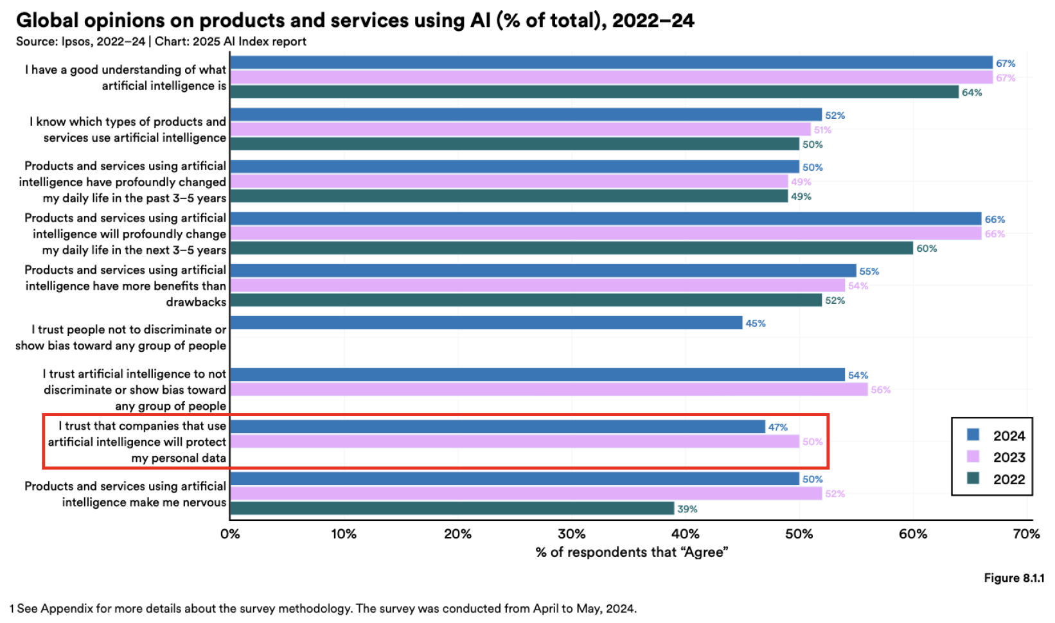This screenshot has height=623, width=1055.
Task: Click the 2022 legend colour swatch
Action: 973,478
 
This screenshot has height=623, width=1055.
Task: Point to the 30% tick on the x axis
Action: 571,534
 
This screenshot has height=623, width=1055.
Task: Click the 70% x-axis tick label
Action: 1026,534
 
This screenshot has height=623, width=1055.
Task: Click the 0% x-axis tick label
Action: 230,534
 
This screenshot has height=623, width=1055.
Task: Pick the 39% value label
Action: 687,509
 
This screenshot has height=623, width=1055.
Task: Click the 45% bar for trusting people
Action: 486,322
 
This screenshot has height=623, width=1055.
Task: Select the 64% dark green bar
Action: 594,92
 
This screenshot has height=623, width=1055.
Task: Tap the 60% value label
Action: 926,249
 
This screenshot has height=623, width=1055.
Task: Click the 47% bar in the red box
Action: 497,426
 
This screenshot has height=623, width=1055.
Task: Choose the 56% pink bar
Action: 549,389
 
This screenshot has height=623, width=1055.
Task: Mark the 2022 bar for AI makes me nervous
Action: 452,509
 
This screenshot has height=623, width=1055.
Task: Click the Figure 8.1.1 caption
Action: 1013,578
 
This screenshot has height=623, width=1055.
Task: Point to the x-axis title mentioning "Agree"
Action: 632,552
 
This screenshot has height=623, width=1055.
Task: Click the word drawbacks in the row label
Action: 196,302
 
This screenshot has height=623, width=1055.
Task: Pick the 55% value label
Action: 869,271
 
